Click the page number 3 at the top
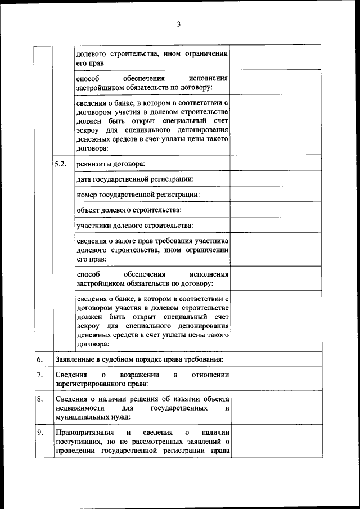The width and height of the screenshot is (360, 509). (178, 24)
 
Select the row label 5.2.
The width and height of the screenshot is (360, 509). (60, 164)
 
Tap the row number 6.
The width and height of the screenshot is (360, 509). (40, 359)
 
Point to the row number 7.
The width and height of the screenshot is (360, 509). (40, 375)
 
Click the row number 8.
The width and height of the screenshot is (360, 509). (40, 399)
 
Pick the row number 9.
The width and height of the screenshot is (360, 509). (40, 433)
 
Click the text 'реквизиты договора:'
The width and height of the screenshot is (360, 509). (110, 164)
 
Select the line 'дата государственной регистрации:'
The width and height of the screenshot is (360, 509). (135, 179)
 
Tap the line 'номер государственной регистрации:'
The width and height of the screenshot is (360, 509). (138, 195)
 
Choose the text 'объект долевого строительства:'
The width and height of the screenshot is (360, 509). (129, 210)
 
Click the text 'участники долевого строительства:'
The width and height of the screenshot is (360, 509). (134, 226)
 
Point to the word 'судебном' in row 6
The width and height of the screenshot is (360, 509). (115, 359)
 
